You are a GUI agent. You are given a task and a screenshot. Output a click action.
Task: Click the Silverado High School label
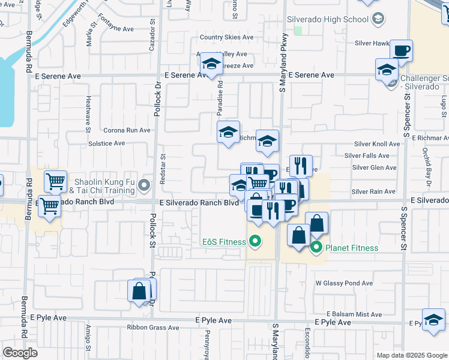pyautogui.click(x=328, y=20)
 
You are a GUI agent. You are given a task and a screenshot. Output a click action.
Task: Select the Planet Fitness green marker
pyautogui.click(x=316, y=248)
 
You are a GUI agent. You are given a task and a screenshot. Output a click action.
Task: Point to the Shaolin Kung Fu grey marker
pyautogui.click(x=144, y=185)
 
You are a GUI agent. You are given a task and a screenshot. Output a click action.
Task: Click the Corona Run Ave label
pyautogui.click(x=127, y=130)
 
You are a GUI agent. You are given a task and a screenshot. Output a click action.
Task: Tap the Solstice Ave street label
pyautogui.click(x=107, y=143)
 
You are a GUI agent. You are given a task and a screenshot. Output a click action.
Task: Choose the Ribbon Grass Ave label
pyautogui.click(x=153, y=328)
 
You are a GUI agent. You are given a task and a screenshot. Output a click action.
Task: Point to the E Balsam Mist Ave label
pyautogui.click(x=354, y=314)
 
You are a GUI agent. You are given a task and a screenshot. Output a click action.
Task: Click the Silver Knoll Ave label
pyautogui.click(x=376, y=144)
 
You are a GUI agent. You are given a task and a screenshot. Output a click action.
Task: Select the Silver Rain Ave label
pyautogui.click(x=373, y=191)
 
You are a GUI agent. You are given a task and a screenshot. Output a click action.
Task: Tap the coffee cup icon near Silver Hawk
pyautogui.click(x=401, y=51)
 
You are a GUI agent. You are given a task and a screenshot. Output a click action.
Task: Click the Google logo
pyautogui.click(x=20, y=353)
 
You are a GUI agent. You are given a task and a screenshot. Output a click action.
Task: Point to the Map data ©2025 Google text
pyautogui.click(x=412, y=355)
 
